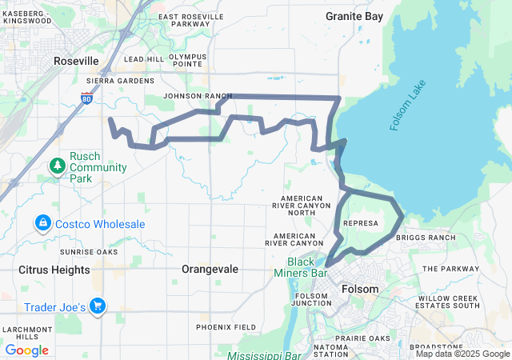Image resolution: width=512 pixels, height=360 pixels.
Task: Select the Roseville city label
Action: pos(76,61)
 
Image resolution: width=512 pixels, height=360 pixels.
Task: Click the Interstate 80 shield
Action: pos(86,98)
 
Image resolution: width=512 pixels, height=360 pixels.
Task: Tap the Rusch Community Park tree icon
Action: pos(58,166)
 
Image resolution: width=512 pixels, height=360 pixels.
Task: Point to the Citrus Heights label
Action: pos(54,270)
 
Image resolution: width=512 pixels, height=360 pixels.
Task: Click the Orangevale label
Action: pos(210,270)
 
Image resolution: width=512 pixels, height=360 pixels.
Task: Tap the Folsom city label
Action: pos(359,289)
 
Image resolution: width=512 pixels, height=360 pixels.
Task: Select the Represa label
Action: pos(359,223)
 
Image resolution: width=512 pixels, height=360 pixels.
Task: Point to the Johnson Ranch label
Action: pos(198,96)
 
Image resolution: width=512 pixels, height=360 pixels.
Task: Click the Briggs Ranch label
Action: pos(431,238)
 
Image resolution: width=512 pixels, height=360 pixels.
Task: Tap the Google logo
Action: pos(27,350)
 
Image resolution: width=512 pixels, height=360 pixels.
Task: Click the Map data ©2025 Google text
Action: pos(462,354)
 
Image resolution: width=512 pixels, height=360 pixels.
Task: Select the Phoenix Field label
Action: pos(226,327)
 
